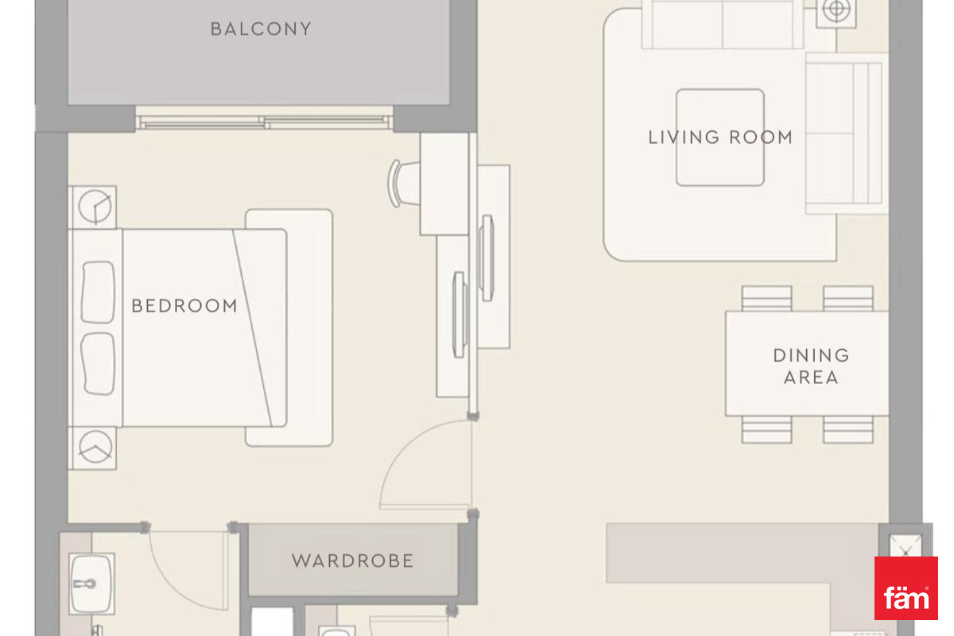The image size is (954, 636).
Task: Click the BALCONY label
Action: click(261, 29)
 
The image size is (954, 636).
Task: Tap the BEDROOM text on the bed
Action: click(184, 306)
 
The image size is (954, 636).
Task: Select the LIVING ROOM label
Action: click(720, 138)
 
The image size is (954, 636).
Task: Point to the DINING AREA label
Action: click(811, 366)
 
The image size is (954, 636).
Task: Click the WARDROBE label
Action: click(353, 560)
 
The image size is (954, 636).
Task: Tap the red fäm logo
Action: click(906, 588)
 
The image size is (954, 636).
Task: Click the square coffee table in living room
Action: click(720, 138)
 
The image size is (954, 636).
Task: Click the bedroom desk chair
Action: click(402, 184)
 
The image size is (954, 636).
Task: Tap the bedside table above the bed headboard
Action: click(92, 207)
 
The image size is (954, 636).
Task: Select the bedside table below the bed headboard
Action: click(92, 448)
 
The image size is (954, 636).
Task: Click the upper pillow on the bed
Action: click(98, 293)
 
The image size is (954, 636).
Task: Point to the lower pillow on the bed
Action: click(98, 364)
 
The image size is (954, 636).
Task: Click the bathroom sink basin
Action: click(91, 584)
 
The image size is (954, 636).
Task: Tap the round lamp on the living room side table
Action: click(836, 10)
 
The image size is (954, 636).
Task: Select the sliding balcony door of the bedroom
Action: click(265, 122)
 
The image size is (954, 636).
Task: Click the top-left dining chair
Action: click(766, 298)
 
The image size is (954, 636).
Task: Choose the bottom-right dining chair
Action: click(848, 429)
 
